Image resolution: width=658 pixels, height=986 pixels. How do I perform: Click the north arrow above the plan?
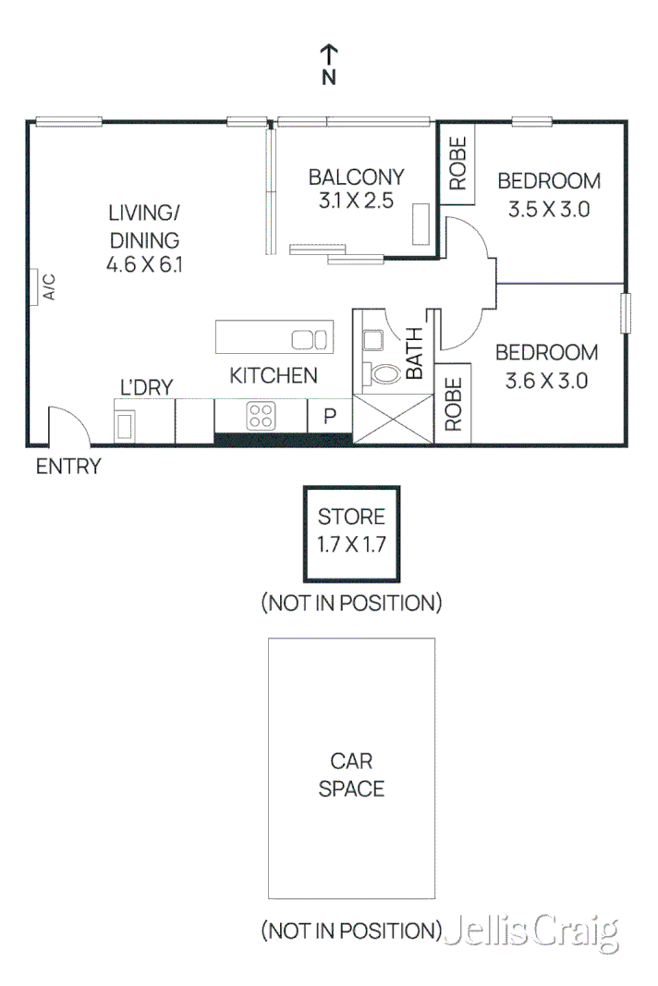point(329,55)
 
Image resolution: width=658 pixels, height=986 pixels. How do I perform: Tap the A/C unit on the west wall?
point(32,286)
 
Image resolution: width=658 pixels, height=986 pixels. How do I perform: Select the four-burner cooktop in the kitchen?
point(260,415)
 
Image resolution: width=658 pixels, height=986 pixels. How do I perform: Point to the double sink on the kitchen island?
point(310,339)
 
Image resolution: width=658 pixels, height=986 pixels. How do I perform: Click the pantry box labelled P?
point(329,416)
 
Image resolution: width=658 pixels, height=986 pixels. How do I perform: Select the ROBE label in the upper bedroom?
point(457,164)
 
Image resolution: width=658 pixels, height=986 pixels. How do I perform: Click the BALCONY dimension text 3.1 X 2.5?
point(356,201)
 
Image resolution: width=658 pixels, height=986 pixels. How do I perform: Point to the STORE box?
point(351,530)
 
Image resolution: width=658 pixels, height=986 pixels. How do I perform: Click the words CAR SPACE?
point(351,774)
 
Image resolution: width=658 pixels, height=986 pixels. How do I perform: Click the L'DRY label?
point(147,387)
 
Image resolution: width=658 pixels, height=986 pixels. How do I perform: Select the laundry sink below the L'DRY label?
point(126,424)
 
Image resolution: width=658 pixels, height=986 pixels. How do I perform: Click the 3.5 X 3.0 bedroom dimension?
point(548,209)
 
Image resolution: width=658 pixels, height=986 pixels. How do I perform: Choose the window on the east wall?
point(625,312)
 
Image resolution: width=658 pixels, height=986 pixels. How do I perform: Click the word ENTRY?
point(67,467)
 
